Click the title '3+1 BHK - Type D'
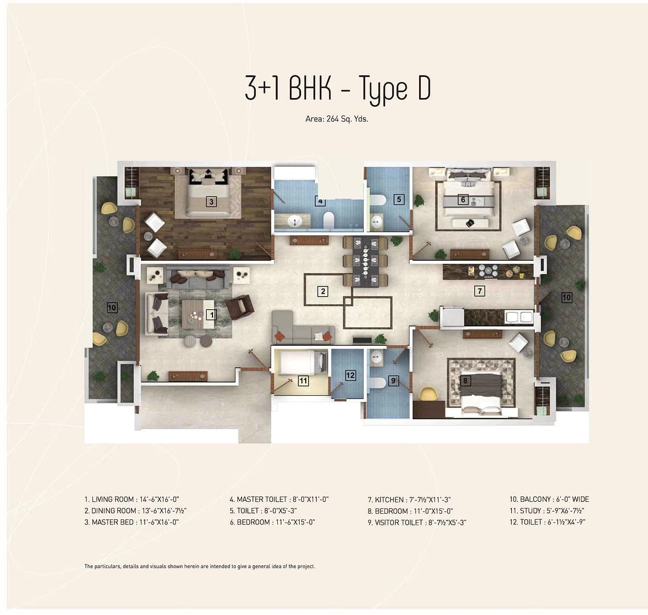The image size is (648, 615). (x=338, y=88)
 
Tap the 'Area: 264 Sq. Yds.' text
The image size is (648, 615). (x=337, y=119)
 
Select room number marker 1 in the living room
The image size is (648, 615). (x=212, y=315)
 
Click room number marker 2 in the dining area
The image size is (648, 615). (x=323, y=292)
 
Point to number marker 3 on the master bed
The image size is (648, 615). (x=212, y=202)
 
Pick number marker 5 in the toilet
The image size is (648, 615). (x=399, y=200)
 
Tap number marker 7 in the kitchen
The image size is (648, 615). (x=479, y=291)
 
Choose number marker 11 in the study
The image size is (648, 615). (x=304, y=380)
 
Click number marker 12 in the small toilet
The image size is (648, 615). (x=350, y=375)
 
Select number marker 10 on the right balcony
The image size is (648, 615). (x=567, y=297)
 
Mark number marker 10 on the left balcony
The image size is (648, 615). (x=112, y=307)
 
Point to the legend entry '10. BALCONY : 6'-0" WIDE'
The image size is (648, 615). (x=549, y=499)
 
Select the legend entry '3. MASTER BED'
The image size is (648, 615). (x=109, y=522)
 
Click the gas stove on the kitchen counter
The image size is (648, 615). (x=489, y=271)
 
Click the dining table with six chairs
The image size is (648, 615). (x=366, y=261)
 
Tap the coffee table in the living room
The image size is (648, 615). (x=198, y=314)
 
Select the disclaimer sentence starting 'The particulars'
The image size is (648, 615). (x=200, y=567)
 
